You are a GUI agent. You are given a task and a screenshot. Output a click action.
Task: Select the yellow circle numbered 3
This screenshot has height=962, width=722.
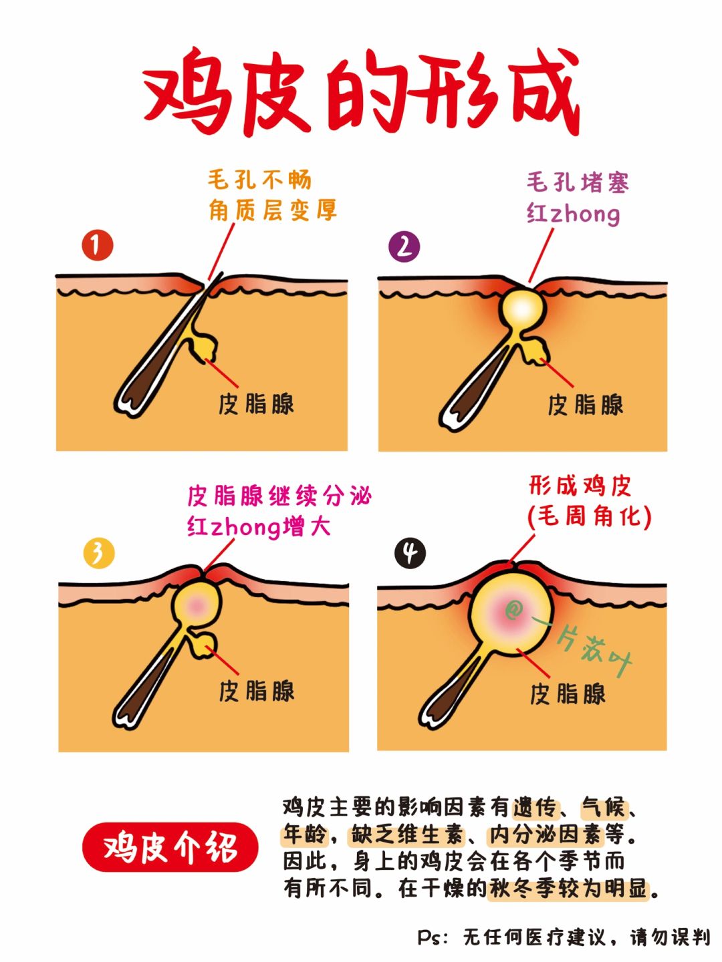[99, 553]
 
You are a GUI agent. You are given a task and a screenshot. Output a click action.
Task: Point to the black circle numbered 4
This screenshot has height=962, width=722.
[410, 554]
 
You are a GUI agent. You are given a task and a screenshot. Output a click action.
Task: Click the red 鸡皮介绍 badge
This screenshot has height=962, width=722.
[170, 848]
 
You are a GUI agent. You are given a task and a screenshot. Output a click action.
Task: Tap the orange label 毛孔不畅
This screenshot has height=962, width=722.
[259, 180]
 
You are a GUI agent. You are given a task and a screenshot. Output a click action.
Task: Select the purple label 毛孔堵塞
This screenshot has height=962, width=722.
[578, 182]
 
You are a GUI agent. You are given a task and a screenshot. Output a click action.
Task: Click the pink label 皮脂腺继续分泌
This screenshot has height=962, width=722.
[279, 496]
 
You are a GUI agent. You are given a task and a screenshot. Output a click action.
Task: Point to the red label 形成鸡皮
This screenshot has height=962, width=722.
[580, 486]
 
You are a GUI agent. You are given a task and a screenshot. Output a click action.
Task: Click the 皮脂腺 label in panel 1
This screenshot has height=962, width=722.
[256, 404]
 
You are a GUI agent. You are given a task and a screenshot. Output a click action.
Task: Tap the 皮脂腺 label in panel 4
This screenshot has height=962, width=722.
[568, 694]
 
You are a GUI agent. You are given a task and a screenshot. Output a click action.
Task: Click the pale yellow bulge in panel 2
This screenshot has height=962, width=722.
[523, 309]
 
